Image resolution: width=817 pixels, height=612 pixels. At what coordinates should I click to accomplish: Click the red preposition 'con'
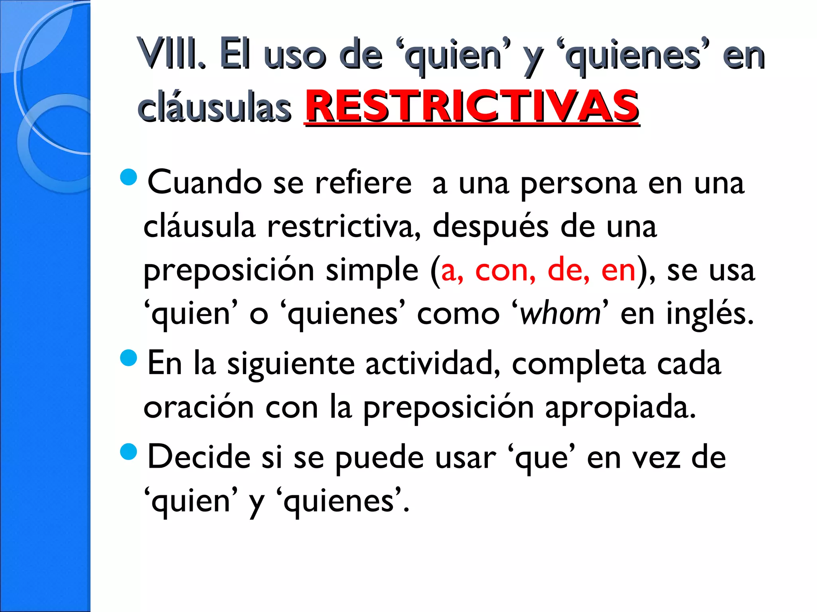pyautogui.click(x=505, y=270)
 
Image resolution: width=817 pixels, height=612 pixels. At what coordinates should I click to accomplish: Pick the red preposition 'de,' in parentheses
pyautogui.click(x=568, y=270)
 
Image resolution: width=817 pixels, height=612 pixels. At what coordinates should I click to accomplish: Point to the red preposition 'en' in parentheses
pyautogui.click(x=618, y=270)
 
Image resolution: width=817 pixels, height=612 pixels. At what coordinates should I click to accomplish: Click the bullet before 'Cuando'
pyautogui.click(x=128, y=177)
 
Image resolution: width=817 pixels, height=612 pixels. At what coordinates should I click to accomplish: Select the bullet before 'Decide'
pyautogui.click(x=128, y=452)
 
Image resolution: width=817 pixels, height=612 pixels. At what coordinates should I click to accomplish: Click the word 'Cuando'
pyautogui.click(x=205, y=182)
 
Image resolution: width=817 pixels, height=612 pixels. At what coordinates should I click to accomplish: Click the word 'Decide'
pyautogui.click(x=199, y=457)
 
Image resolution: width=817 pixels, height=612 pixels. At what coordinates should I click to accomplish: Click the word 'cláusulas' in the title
pyautogui.click(x=214, y=108)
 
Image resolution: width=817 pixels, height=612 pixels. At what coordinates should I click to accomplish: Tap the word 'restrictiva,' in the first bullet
pyautogui.click(x=343, y=226)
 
